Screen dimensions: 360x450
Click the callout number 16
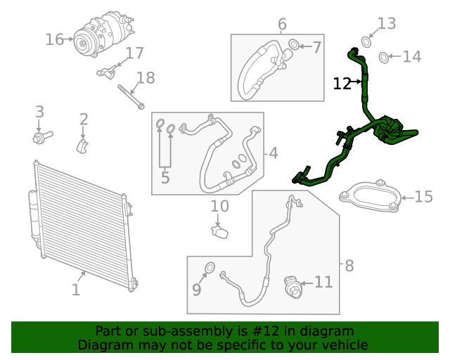(54, 39)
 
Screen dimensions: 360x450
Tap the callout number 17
(134, 53)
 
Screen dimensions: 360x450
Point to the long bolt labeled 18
(131, 96)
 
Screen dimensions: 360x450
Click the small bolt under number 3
(40, 136)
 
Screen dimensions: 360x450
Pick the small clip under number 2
(83, 146)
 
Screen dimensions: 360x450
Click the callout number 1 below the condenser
(76, 289)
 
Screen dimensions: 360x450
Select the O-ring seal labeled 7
(292, 46)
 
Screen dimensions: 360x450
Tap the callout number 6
(282, 25)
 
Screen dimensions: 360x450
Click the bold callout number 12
(342, 84)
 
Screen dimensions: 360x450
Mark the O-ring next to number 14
(383, 57)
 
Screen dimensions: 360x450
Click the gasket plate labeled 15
(370, 195)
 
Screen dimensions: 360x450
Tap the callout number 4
(273, 153)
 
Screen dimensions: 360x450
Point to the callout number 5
(165, 178)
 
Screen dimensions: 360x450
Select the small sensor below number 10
(219, 232)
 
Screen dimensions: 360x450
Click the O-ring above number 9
(210, 267)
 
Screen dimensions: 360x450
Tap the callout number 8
(349, 266)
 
